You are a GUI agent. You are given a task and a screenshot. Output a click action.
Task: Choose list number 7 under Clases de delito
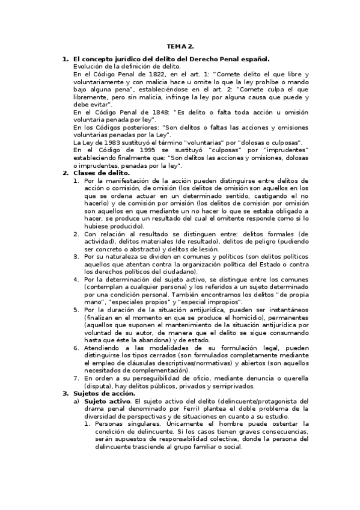click(x=76, y=370)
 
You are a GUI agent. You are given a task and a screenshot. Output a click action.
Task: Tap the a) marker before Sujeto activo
click(x=76, y=401)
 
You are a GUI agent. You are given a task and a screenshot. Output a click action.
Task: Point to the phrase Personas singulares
click(x=114, y=424)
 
